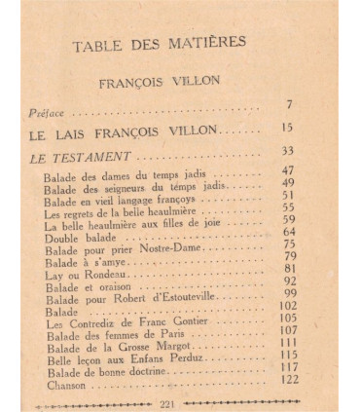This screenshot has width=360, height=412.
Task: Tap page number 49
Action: pyautogui.click(x=288, y=182)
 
